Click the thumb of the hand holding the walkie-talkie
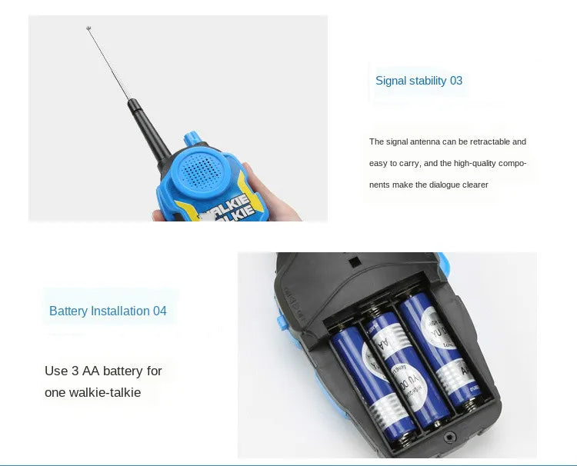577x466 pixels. pos(249,178)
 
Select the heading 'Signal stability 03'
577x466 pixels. pos(419,81)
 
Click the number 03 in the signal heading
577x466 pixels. pos(456,81)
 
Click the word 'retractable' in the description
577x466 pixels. pos(488,141)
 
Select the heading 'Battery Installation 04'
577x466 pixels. pos(108,311)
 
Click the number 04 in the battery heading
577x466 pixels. pos(159,311)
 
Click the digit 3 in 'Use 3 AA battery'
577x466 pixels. pos(75,371)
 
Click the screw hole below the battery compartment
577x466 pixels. pos(449,438)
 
